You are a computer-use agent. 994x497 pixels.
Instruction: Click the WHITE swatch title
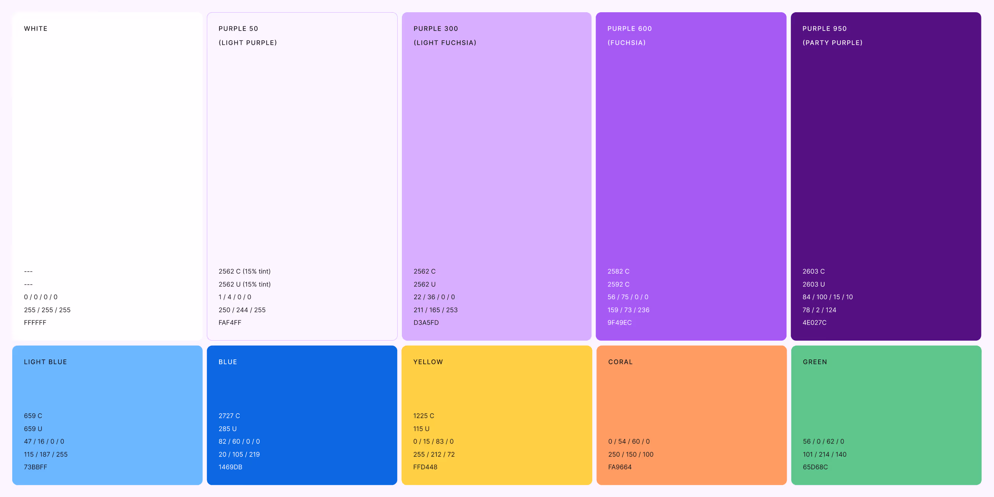click(36, 29)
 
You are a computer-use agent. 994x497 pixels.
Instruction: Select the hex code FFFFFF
click(35, 323)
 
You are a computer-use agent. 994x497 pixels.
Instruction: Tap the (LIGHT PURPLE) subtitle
click(248, 43)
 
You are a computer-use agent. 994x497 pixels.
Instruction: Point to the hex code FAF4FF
click(230, 323)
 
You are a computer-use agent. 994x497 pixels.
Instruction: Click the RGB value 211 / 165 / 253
click(435, 310)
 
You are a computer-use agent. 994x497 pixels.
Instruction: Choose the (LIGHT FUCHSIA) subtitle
click(445, 43)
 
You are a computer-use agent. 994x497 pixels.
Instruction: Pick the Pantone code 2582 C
click(618, 271)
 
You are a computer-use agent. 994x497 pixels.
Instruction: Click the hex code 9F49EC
click(619, 323)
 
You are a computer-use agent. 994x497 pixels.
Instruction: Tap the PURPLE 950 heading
click(825, 29)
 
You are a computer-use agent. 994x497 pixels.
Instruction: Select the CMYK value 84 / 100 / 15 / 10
click(827, 297)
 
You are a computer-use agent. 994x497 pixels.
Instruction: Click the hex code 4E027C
click(814, 323)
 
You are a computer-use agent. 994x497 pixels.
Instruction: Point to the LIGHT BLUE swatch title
click(45, 362)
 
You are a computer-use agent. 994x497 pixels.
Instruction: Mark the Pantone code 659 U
click(33, 429)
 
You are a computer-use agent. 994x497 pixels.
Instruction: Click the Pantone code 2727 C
click(229, 416)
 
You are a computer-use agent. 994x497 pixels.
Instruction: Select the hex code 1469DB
click(231, 467)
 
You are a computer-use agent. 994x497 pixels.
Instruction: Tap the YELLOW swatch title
click(428, 362)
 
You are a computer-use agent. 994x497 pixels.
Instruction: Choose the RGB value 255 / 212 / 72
click(434, 455)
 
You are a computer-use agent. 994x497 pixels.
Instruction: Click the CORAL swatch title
click(620, 362)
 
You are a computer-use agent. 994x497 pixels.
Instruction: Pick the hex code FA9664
click(620, 467)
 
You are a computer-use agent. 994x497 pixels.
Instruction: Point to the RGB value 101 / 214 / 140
click(824, 455)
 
